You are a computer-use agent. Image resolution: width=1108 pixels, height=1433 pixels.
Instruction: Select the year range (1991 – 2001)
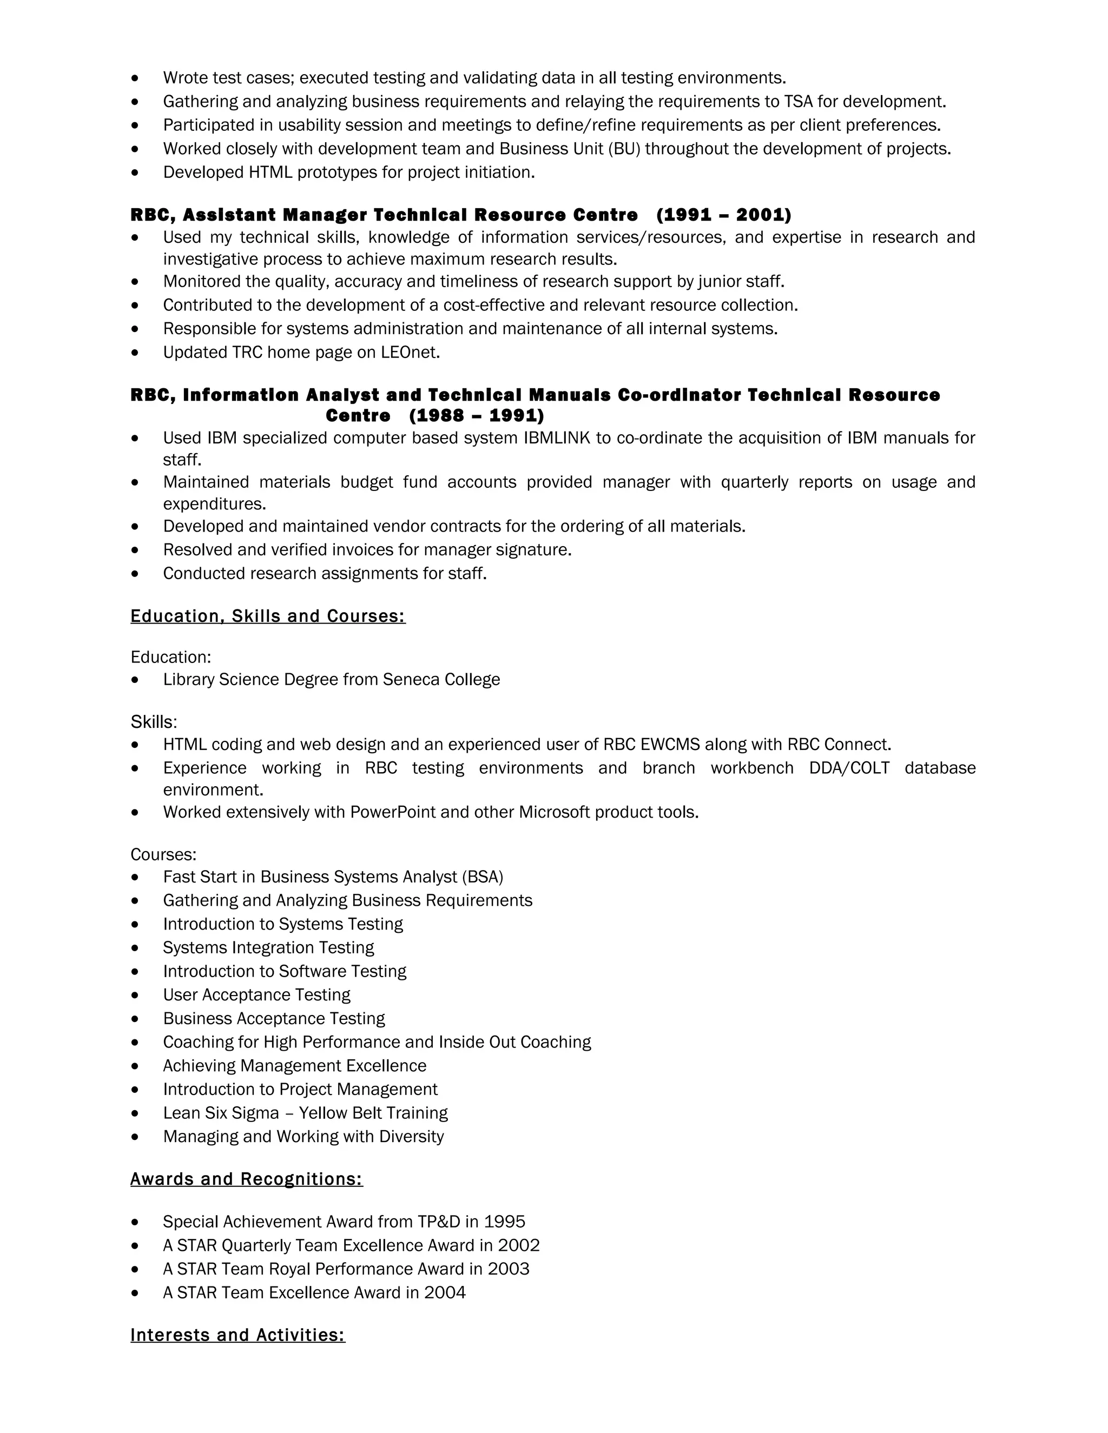point(723,215)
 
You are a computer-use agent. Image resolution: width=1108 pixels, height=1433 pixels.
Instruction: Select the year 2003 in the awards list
point(508,1269)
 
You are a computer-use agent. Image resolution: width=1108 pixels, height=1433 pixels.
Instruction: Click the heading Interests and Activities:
point(238,1335)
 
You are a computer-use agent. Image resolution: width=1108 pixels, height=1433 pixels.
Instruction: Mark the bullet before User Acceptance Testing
point(135,996)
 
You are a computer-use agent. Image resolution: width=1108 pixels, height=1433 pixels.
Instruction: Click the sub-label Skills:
point(154,722)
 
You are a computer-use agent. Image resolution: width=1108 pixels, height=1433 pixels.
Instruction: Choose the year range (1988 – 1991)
point(477,415)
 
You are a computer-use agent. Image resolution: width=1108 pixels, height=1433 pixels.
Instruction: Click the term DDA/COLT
point(849,768)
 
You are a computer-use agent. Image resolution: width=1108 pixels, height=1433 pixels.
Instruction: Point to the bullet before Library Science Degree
point(135,680)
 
